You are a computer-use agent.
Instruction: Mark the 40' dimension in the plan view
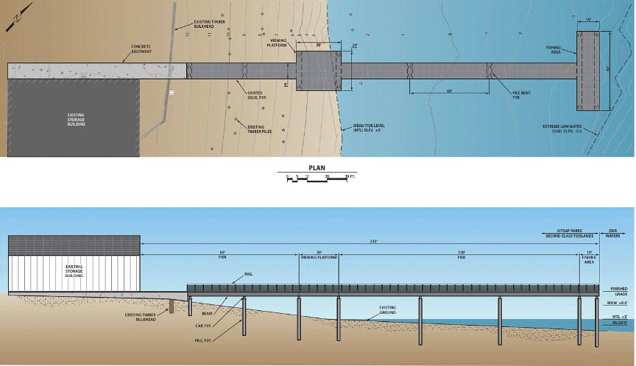point(449,91)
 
